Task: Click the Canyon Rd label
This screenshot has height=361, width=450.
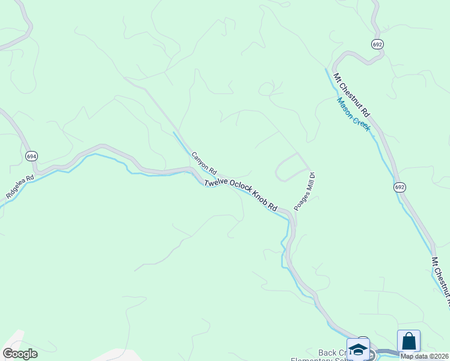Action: (204, 163)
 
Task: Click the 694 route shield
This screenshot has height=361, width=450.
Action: (32, 156)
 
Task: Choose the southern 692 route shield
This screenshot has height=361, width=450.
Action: (400, 187)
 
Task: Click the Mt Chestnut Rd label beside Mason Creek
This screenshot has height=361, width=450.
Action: (351, 94)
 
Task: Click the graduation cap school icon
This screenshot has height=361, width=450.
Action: (359, 350)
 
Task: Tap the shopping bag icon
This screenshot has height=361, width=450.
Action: (409, 341)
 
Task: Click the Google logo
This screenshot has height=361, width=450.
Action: (20, 354)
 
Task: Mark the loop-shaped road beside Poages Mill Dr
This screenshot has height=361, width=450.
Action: (292, 167)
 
